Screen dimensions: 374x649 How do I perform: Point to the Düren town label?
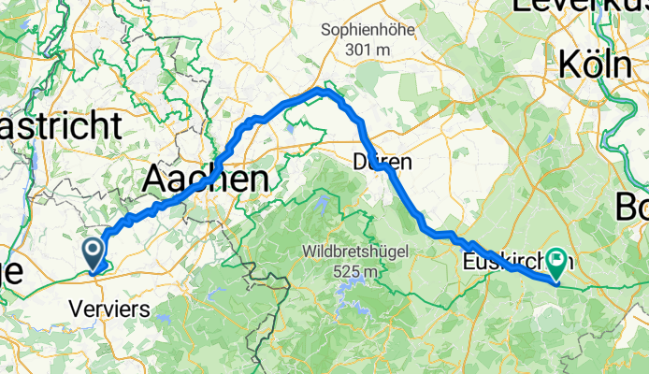point(382,162)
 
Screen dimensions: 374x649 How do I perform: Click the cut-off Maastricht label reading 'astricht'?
point(60,124)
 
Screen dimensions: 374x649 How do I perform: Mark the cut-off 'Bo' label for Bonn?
point(634,205)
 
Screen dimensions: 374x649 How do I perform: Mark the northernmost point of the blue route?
point(321,90)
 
